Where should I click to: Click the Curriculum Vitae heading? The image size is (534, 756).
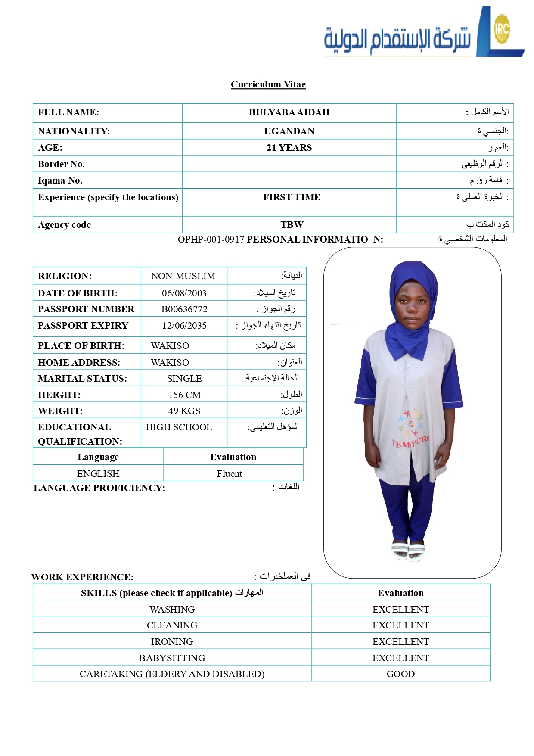click(x=268, y=84)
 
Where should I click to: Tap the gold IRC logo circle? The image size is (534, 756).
click(x=502, y=29)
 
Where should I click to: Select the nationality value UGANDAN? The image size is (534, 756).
click(x=289, y=131)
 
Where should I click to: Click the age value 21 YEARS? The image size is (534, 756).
click(x=289, y=148)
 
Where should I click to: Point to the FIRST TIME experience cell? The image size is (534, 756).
click(x=292, y=197)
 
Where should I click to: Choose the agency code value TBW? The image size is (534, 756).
click(x=292, y=225)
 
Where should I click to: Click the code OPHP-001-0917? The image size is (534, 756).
click(x=211, y=240)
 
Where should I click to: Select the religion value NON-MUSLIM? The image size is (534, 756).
click(x=183, y=276)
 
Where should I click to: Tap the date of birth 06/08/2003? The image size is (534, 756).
click(x=184, y=293)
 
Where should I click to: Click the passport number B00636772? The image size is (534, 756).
click(x=184, y=309)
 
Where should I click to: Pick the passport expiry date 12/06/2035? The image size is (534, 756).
click(x=184, y=326)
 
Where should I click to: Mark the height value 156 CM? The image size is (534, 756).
click(x=184, y=395)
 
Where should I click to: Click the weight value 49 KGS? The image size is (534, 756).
click(x=184, y=411)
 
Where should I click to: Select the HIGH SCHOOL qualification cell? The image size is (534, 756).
click(x=179, y=427)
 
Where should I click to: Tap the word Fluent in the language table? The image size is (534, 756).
click(x=230, y=474)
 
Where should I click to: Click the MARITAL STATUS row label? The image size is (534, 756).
click(x=82, y=379)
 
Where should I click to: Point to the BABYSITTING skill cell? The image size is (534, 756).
click(x=172, y=658)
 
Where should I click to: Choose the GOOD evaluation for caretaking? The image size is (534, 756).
click(x=400, y=674)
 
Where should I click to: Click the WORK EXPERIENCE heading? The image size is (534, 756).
click(x=82, y=577)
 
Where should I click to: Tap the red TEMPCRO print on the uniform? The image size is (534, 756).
click(x=410, y=442)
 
